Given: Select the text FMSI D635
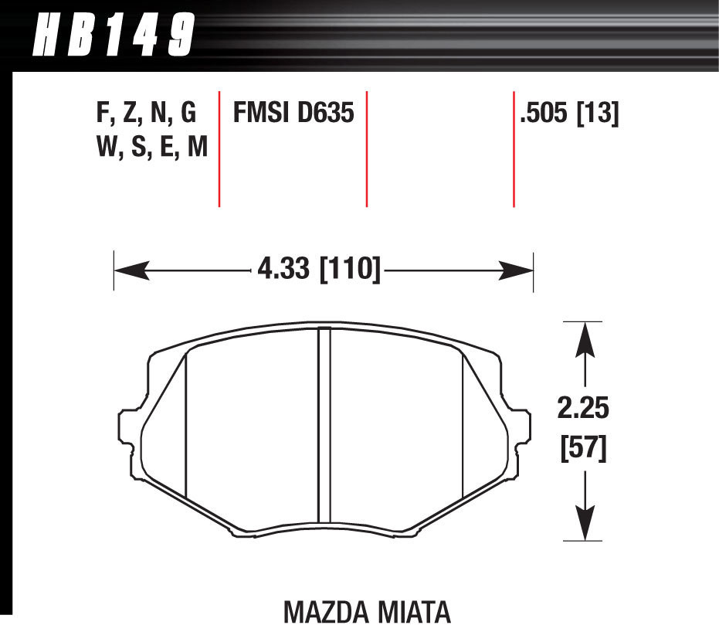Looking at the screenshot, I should point(293,114).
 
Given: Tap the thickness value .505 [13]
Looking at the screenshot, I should point(569,114).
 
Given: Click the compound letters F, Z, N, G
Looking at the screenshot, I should point(146,114).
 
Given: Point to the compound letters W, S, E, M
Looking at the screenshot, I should point(152,147).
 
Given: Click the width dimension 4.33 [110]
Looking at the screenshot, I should point(317,270).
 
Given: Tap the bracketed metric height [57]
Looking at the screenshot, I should point(583,448).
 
